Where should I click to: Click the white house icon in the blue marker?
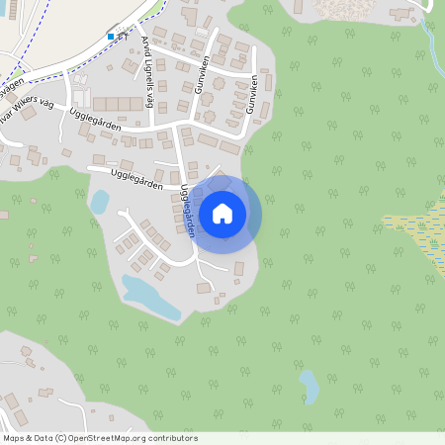[222, 213]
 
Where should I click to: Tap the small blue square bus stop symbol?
[111, 36]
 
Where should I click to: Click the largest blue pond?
[148, 297]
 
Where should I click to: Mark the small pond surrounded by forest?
[310, 386]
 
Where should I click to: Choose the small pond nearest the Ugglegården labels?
[100, 202]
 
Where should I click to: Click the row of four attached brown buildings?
[120, 104]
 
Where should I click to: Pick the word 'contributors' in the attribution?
[174, 438]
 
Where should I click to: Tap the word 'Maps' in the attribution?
[14, 438]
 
